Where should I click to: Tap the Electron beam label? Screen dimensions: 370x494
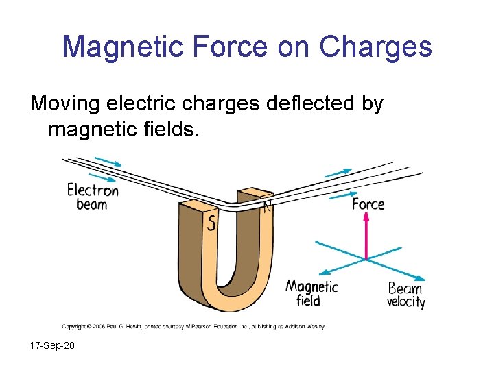[x=92, y=197]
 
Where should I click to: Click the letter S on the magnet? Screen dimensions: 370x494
[x=212, y=223]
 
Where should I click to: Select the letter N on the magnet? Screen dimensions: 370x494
[x=267, y=206]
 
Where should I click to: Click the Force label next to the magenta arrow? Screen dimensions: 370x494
[x=368, y=204]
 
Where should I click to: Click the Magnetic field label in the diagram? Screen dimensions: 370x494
[x=311, y=293]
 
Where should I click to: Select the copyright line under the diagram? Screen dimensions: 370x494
[x=193, y=326]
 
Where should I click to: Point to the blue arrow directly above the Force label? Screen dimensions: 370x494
[x=343, y=195]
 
